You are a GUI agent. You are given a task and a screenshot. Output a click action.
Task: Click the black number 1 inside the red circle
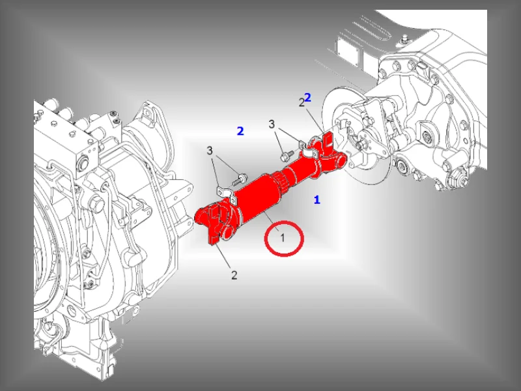(283, 238)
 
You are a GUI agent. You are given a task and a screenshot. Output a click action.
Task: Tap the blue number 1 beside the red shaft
(317, 200)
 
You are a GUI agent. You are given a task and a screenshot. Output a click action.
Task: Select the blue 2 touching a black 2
(307, 97)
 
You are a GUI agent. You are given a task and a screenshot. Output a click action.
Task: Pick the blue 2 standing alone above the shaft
(240, 131)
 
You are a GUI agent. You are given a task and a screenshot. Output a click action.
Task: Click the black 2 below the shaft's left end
(234, 275)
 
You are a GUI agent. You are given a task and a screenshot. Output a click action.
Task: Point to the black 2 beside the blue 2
(302, 103)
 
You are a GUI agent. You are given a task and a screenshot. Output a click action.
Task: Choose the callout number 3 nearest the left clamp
(209, 151)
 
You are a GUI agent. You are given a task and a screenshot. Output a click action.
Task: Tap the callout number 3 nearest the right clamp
(272, 124)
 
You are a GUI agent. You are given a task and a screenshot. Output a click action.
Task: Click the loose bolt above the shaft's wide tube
(239, 179)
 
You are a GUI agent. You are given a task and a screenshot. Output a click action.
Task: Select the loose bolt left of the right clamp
(287, 155)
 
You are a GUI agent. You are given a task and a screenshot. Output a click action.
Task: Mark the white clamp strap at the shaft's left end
(227, 195)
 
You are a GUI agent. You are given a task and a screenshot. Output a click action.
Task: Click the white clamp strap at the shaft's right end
(309, 149)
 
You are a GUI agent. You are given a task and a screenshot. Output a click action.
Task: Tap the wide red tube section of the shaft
(257, 199)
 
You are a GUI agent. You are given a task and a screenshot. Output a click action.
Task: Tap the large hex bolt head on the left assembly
(95, 203)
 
